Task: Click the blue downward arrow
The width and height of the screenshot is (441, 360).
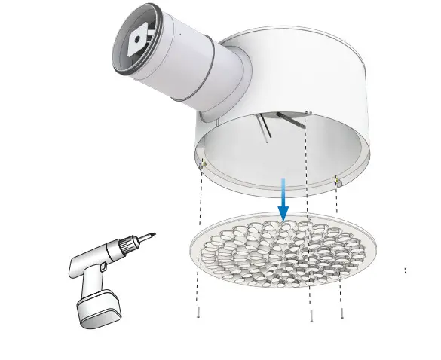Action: [283, 202]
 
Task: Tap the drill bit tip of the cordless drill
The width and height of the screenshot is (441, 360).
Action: [155, 235]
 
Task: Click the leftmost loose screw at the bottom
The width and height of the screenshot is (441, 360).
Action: [198, 315]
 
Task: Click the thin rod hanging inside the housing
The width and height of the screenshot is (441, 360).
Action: [263, 128]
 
